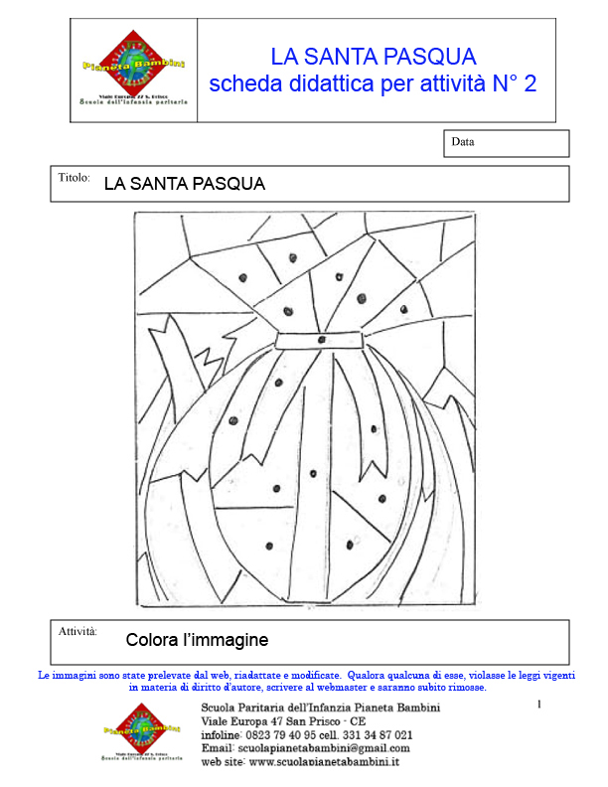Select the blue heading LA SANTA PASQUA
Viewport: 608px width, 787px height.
coord(373,57)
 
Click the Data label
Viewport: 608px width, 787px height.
coord(463,142)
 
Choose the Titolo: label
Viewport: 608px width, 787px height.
coord(75,178)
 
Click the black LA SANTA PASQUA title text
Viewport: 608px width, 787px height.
coord(184,184)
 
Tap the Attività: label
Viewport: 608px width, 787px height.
coord(77,631)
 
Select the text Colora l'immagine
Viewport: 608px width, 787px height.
coord(197,639)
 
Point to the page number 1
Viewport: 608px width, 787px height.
coord(538,705)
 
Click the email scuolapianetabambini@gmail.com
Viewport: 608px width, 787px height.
coord(324,747)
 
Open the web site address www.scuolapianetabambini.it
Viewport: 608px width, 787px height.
coord(324,761)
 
